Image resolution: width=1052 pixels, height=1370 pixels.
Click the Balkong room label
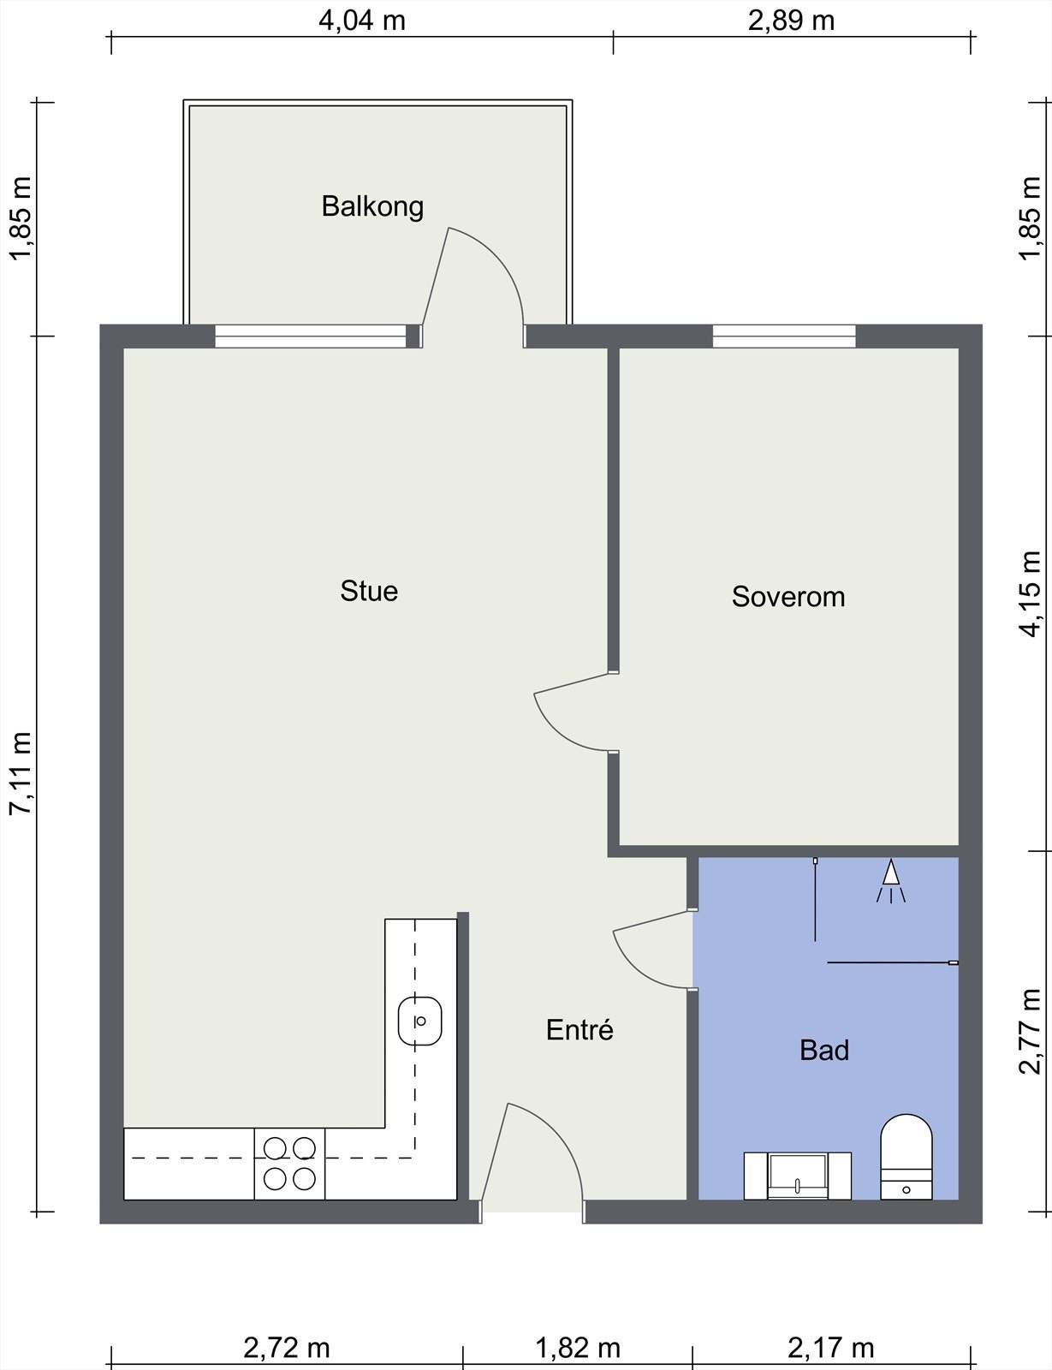point(372,207)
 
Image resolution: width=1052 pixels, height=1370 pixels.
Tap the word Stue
point(369,592)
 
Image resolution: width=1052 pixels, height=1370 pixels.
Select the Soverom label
point(788,597)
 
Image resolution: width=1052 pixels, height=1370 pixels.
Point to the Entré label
point(579,1029)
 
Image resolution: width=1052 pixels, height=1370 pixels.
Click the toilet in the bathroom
point(906,1157)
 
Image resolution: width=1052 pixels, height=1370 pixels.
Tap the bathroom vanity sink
point(798,1176)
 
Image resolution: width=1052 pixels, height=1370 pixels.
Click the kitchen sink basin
point(419,1021)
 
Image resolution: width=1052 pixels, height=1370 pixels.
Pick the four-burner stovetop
point(289,1164)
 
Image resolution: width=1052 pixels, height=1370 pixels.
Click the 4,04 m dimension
point(362,21)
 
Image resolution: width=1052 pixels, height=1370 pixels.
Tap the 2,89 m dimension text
point(791,21)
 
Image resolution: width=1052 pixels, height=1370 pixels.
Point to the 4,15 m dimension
point(1031,594)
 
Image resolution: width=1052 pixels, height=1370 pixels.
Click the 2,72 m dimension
point(287,1348)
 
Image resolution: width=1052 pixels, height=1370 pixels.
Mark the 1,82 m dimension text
point(578,1348)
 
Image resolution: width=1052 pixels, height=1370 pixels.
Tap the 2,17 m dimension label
point(831,1348)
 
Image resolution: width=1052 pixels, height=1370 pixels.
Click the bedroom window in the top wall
point(784,336)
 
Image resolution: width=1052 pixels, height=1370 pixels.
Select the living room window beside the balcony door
point(311,336)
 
